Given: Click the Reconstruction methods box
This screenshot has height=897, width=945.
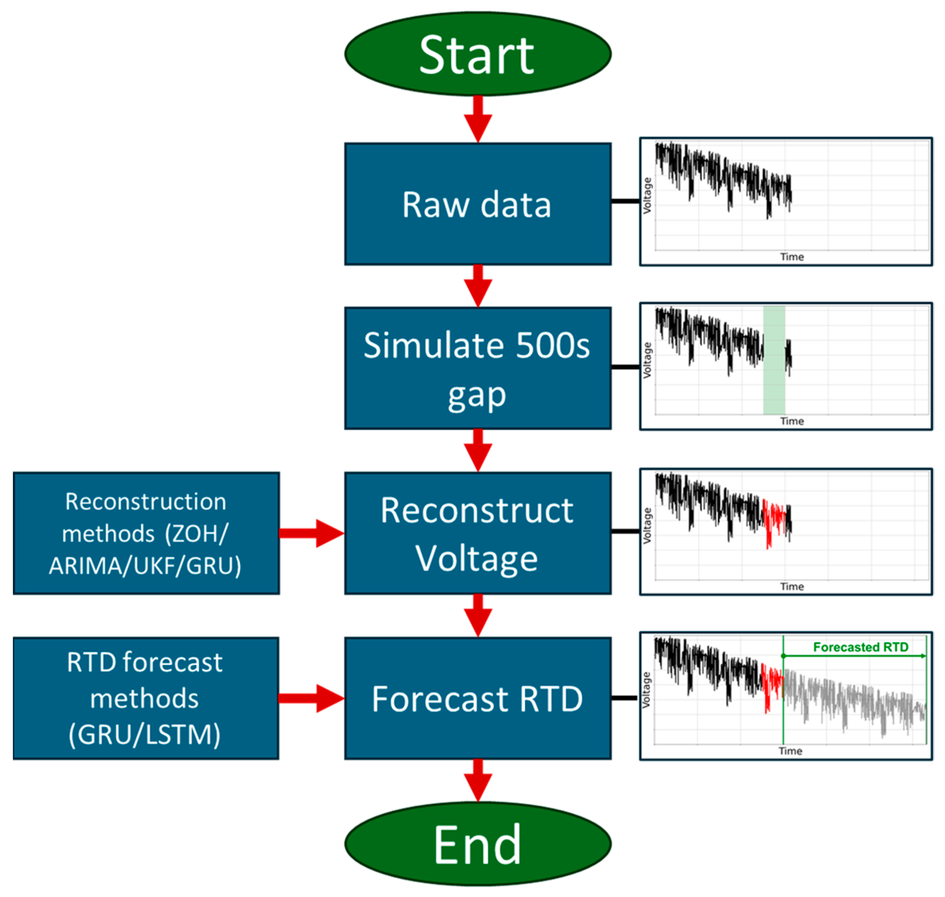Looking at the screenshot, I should point(146,533).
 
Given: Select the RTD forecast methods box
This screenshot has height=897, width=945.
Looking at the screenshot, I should point(146,698).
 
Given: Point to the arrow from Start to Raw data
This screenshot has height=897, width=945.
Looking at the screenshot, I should point(478,119).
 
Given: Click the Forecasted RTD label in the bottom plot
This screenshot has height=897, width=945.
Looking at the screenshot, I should point(860,647).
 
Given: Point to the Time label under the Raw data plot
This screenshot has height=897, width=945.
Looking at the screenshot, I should point(792,257).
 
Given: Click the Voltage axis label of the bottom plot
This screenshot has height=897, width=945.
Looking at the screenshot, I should point(646,690).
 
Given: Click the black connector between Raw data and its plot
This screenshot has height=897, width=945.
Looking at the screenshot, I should point(625,201).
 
